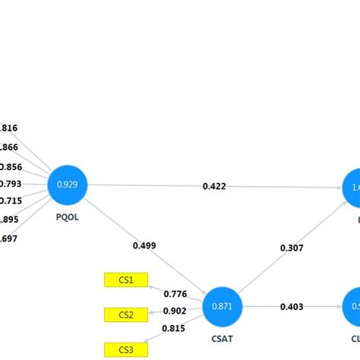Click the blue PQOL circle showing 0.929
pyautogui.click(x=68, y=185)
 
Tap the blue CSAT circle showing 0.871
pyautogui.click(x=223, y=306)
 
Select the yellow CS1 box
pyautogui.click(x=126, y=280)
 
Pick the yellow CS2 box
pyautogui.click(x=126, y=314)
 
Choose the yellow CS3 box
pyautogui.click(x=126, y=349)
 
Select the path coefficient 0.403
pyautogui.click(x=292, y=307)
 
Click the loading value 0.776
pyautogui.click(x=175, y=294)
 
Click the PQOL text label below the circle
pyautogui.click(x=68, y=216)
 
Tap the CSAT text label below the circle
pyautogui.click(x=222, y=339)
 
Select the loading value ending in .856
pyautogui.click(x=11, y=166)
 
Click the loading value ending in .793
pyautogui.click(x=11, y=183)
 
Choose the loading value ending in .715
pyautogui.click(x=11, y=201)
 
